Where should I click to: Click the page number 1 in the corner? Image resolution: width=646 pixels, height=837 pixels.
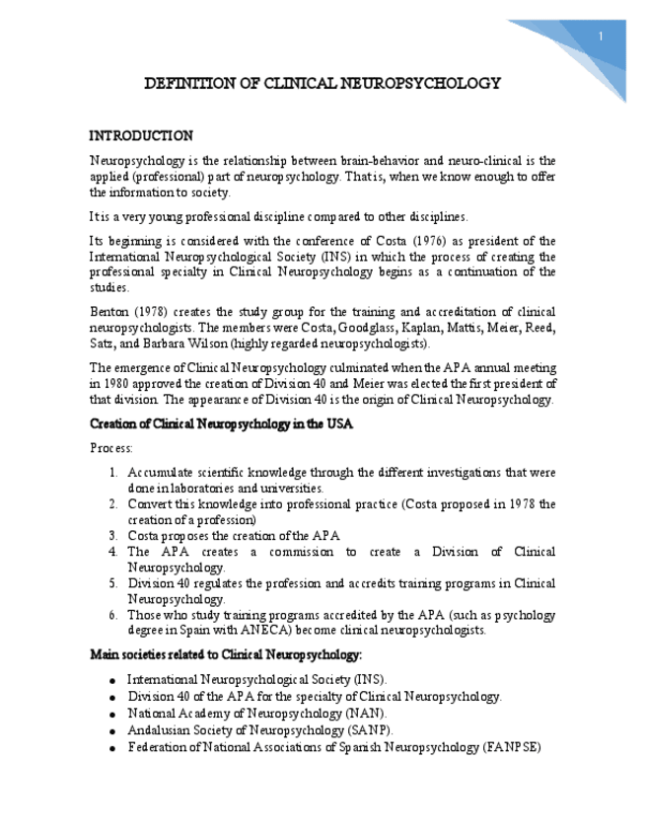pos(601,38)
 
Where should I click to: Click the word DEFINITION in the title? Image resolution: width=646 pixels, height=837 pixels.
pos(187,84)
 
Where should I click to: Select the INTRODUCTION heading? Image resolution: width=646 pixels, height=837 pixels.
pos(141,135)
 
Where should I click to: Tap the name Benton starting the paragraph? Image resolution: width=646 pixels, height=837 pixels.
pos(109,312)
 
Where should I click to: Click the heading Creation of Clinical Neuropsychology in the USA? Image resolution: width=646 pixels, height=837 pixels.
pos(221,423)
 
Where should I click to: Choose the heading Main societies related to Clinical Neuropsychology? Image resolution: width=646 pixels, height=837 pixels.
pos(226,654)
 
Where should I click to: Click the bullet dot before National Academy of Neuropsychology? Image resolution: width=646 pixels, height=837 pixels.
pos(114,714)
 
